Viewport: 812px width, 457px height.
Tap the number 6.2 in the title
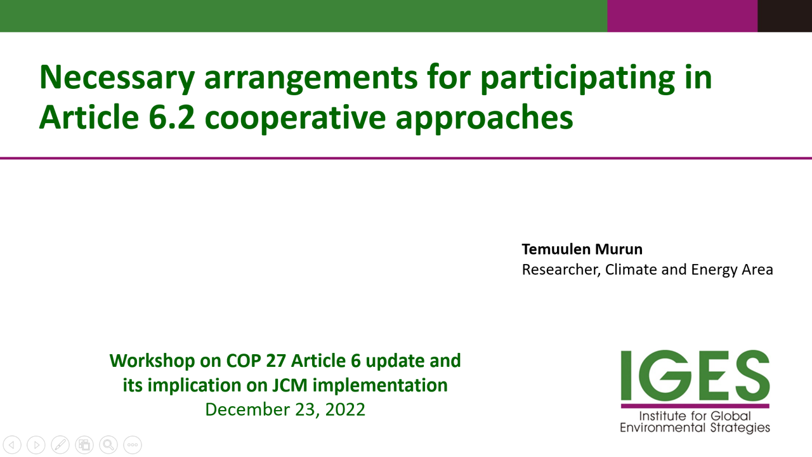click(172, 117)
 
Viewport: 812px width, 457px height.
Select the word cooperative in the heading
click(295, 119)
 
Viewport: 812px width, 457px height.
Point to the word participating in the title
click(578, 79)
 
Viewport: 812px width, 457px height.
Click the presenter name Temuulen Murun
click(582, 249)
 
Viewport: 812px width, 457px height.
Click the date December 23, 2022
click(285, 409)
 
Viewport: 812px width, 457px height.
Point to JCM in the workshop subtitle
click(290, 385)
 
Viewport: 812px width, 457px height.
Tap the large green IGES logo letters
click(695, 375)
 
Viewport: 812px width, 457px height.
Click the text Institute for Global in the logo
click(695, 416)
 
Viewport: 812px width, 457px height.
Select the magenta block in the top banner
click(682, 16)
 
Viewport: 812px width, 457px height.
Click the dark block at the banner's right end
click(785, 16)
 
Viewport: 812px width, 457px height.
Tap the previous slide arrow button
click(12, 445)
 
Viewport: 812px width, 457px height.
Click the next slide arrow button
click(36, 445)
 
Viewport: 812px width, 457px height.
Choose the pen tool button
click(60, 445)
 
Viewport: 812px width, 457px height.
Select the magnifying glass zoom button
click(108, 445)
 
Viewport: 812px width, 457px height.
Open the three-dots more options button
click(133, 445)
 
